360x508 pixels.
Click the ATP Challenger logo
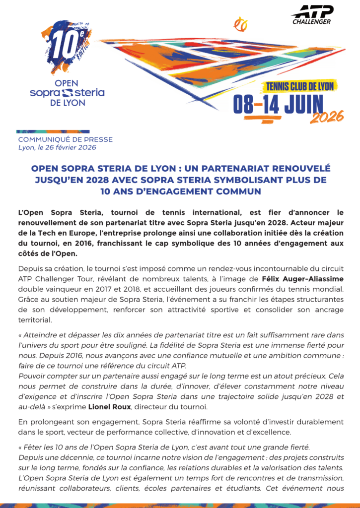pos(311,15)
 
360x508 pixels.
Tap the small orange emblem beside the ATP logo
pos(240,23)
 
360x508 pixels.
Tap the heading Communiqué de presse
pos(65,140)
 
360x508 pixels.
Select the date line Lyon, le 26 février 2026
pos(57,147)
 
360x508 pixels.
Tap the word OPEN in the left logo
pos(67,83)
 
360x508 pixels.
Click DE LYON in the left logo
pos(67,103)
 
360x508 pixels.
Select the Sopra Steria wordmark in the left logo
pos(67,93)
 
